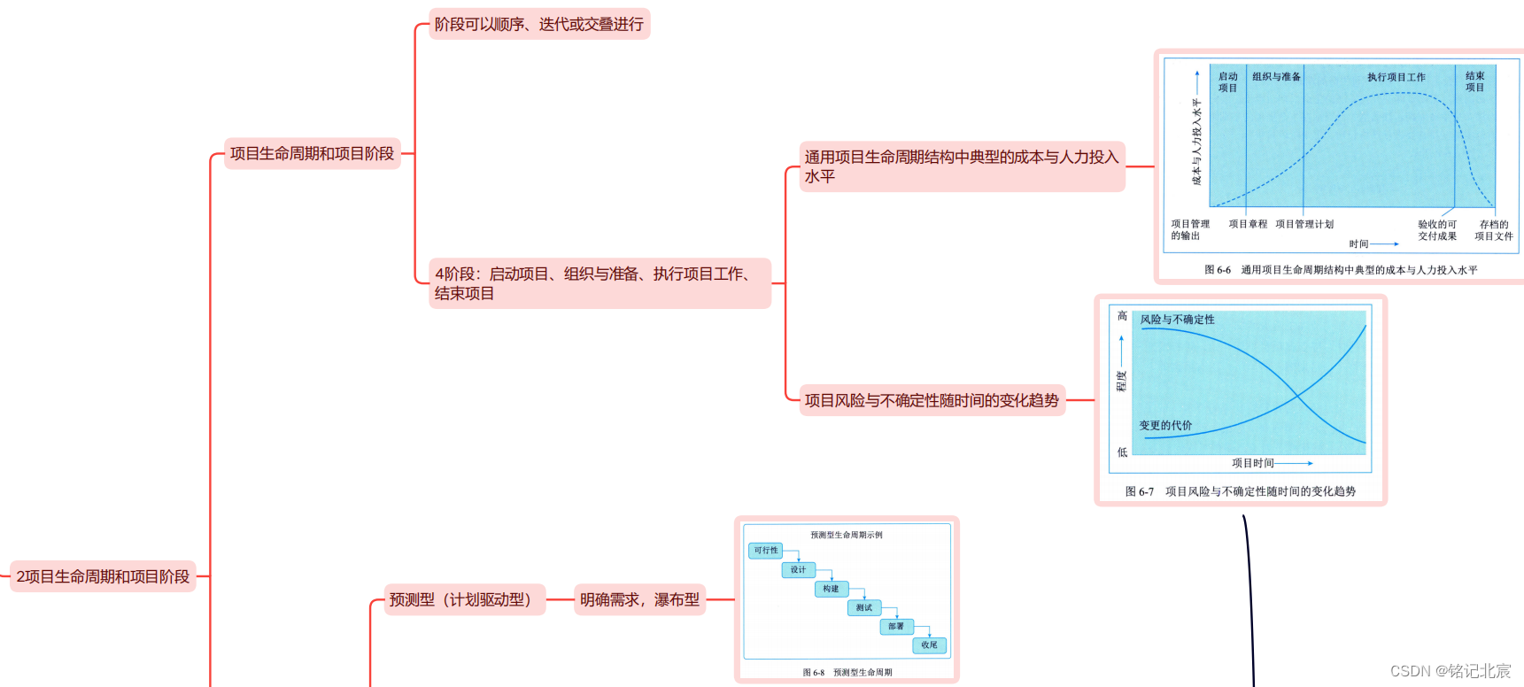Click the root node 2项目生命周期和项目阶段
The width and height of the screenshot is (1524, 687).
coord(103,576)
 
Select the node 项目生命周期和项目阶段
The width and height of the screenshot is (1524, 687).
coord(312,153)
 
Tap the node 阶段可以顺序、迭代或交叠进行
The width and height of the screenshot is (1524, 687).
coord(538,24)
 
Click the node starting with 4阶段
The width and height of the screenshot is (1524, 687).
coord(600,283)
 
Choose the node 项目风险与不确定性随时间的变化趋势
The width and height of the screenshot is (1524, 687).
coord(932,400)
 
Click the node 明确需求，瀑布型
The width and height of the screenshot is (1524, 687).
coord(639,599)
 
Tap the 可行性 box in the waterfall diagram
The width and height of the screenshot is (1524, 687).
coord(766,551)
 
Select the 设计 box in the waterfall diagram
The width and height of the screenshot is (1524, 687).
coord(798,570)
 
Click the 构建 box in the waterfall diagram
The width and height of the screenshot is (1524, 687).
coord(831,589)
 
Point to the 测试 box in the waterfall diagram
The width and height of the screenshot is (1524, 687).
coord(863,607)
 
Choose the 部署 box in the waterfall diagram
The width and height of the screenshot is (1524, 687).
coord(896,626)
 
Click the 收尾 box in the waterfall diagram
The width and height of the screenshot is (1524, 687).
coord(929,645)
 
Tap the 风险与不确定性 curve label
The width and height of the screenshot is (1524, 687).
coord(1177,320)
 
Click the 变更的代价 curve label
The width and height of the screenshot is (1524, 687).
coord(1165,426)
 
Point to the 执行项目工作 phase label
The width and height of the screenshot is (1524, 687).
coord(1396,77)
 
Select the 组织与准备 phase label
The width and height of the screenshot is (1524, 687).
coord(1276,77)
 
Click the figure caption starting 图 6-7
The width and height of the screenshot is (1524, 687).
coord(1240,491)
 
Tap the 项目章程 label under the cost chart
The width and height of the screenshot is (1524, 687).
coord(1248,224)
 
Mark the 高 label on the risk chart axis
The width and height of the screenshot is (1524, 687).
coord(1122,316)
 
